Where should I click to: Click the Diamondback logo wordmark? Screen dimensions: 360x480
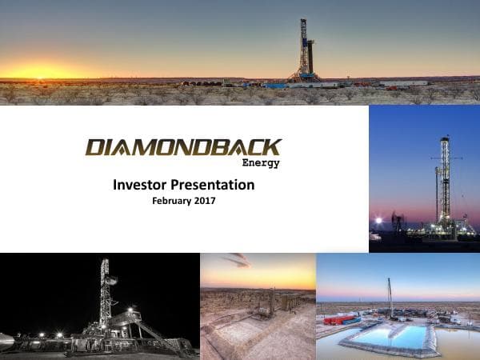(183, 147)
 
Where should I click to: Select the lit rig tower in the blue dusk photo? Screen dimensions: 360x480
(444, 180)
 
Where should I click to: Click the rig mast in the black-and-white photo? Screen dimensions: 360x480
(104, 292)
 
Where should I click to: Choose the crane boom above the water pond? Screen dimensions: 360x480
(390, 296)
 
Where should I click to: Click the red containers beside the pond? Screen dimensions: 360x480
(338, 320)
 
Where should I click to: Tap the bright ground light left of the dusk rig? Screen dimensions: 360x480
(378, 221)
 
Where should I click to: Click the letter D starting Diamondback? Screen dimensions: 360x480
(95, 147)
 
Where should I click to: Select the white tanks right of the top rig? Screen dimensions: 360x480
(403, 82)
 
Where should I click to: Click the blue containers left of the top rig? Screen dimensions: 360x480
(276, 85)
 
